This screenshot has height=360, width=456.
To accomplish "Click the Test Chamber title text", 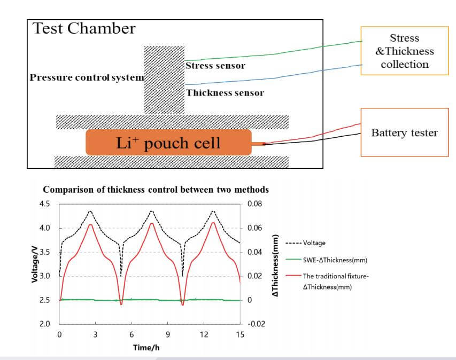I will point(84,29).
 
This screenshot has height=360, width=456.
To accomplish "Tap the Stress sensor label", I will point(215,66).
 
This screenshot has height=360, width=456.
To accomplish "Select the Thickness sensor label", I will point(225,93).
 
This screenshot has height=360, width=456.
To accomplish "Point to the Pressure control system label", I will point(87,77).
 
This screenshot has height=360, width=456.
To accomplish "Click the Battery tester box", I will point(404,132).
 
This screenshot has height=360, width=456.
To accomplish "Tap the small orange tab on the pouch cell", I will point(258,143).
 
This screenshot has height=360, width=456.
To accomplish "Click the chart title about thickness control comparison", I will point(156,190).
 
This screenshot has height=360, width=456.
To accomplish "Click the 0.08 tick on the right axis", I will point(255,204).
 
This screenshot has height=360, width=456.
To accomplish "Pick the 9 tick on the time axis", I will point(168,335).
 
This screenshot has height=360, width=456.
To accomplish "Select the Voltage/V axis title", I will point(35,264).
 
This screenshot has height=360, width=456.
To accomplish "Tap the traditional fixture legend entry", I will point(336,281).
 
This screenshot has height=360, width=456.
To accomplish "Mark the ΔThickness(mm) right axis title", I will point(276,264).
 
